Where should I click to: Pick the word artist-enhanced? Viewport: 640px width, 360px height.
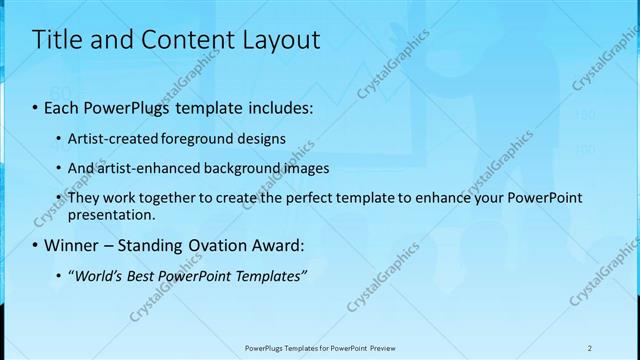point(135,167)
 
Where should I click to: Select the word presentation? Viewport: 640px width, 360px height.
point(111,214)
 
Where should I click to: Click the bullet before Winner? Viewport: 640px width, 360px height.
point(35,245)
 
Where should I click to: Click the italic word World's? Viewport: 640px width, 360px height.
point(93,277)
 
